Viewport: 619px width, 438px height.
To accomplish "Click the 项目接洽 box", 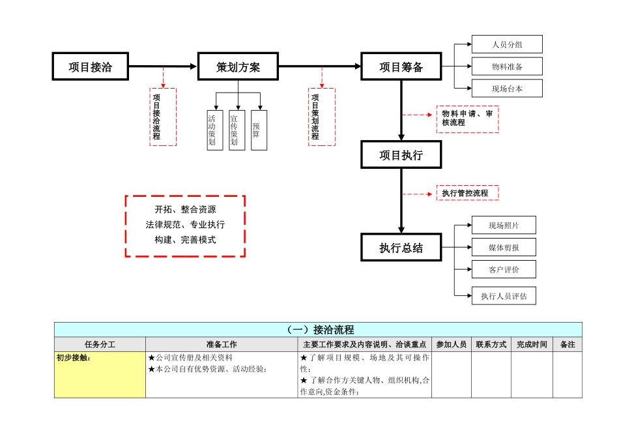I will pyautogui.click(x=90, y=66).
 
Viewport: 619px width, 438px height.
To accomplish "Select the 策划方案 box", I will pyautogui.click(x=238, y=66).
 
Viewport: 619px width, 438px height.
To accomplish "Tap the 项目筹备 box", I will pyautogui.click(x=401, y=66).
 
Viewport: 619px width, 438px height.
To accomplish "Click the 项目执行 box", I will pyautogui.click(x=401, y=155).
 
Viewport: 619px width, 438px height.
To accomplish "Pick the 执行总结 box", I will pyautogui.click(x=401, y=248).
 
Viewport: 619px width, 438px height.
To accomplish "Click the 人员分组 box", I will pyautogui.click(x=507, y=44).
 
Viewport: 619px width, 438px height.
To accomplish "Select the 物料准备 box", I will pyautogui.click(x=507, y=66).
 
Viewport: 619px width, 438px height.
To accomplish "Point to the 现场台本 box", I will pyautogui.click(x=507, y=89).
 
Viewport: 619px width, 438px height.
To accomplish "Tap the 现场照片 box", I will pyautogui.click(x=504, y=226).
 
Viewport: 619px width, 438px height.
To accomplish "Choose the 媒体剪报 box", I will pyautogui.click(x=504, y=248).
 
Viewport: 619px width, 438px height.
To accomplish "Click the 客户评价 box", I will pyautogui.click(x=504, y=269).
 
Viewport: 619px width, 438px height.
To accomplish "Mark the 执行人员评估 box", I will pyautogui.click(x=504, y=296).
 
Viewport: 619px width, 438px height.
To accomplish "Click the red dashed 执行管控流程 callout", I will pyautogui.click(x=467, y=193).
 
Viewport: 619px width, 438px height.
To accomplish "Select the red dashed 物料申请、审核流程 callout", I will pyautogui.click(x=467, y=119).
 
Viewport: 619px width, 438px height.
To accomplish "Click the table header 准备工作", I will pyautogui.click(x=222, y=344).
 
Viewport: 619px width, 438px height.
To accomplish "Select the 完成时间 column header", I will pyautogui.click(x=532, y=344).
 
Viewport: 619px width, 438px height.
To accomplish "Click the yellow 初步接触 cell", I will pyautogui.click(x=100, y=375).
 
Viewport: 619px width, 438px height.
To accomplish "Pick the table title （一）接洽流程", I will pyautogui.click(x=318, y=329).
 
